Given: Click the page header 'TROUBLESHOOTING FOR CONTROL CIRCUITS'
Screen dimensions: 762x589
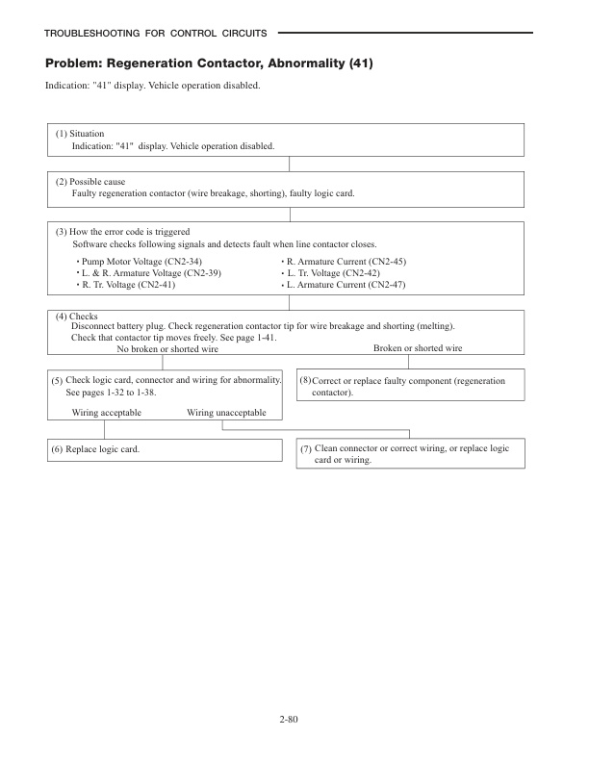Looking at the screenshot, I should (156, 34).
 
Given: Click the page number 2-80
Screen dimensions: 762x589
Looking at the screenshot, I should (294, 717).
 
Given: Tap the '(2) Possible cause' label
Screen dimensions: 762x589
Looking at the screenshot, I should (90, 182).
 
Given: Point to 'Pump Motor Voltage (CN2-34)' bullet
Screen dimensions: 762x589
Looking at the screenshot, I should (141, 262).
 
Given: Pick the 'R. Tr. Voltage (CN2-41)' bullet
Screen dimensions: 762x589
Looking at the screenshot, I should (129, 285).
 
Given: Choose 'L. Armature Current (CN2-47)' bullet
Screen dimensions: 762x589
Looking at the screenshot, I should (346, 285).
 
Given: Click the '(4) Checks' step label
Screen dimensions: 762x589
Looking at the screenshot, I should (76, 317).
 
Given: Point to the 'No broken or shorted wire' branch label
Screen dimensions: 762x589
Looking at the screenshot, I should (167, 349).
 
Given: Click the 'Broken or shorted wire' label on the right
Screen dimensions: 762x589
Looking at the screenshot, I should (418, 348).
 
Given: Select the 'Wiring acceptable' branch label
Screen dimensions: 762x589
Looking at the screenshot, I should (107, 412).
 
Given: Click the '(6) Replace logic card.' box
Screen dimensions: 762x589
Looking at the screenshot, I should (102, 449).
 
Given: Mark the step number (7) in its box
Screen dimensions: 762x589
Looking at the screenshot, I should (306, 449).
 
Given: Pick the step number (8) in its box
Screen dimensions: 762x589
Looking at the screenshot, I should (305, 382).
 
